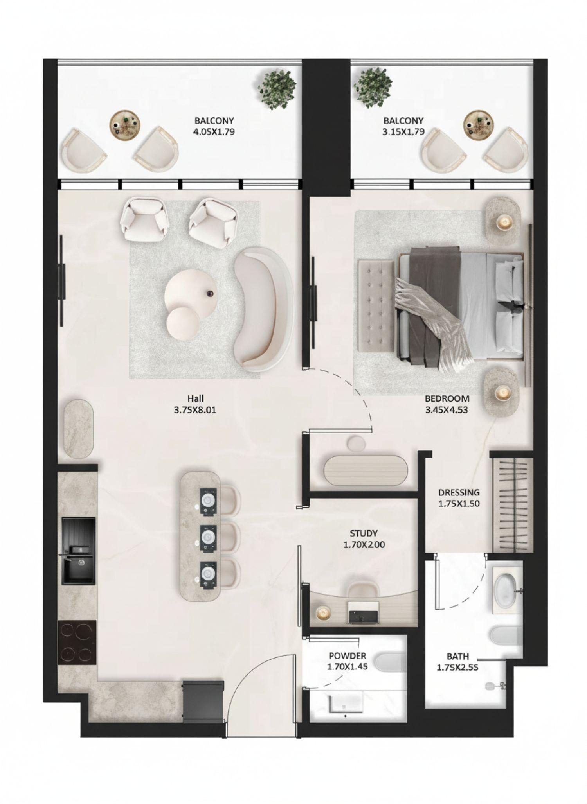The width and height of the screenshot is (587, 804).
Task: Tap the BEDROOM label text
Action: pyautogui.click(x=447, y=404)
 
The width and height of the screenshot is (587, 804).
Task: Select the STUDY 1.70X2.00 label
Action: pyautogui.click(x=364, y=538)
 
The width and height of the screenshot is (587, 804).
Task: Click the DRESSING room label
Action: pyautogui.click(x=459, y=498)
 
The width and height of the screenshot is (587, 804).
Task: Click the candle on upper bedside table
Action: pyautogui.click(x=504, y=223)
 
